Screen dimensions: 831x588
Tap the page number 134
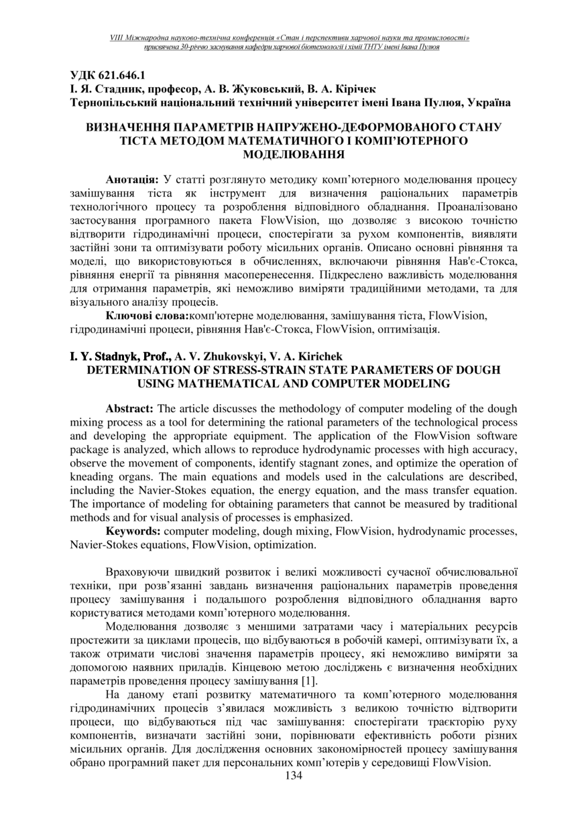tap(294, 775)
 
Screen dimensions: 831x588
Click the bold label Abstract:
tap(130, 409)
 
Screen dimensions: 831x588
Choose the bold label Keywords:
tap(133, 531)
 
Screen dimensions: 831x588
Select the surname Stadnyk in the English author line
tap(111, 357)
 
